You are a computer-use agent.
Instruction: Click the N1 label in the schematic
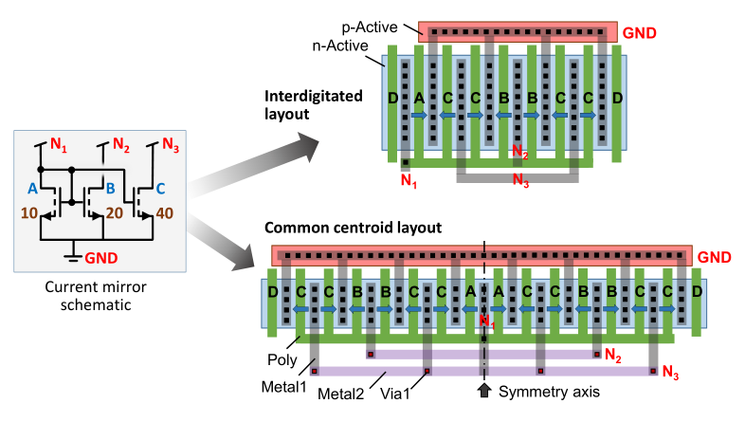59,144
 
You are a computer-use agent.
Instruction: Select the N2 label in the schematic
121,144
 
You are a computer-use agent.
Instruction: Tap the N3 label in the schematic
171,144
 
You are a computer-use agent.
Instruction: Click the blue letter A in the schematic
32,189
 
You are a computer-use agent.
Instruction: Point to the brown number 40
164,213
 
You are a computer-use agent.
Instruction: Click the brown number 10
29,213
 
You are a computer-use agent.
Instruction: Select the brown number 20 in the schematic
115,213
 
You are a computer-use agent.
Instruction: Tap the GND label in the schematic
101,258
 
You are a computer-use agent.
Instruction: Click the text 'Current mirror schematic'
96,296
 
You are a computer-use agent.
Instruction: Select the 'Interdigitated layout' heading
314,105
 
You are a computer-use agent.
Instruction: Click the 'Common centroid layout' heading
353,228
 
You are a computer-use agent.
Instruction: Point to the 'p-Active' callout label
370,28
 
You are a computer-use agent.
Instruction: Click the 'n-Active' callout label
340,46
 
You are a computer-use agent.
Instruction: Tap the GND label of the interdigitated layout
640,33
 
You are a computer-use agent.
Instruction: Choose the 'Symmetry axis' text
549,392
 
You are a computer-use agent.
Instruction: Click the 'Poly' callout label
282,359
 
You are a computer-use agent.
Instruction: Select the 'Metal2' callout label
340,394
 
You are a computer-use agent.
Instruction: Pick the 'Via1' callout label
395,394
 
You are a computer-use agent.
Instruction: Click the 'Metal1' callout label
284,387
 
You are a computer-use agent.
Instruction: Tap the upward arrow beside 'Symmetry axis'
484,390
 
